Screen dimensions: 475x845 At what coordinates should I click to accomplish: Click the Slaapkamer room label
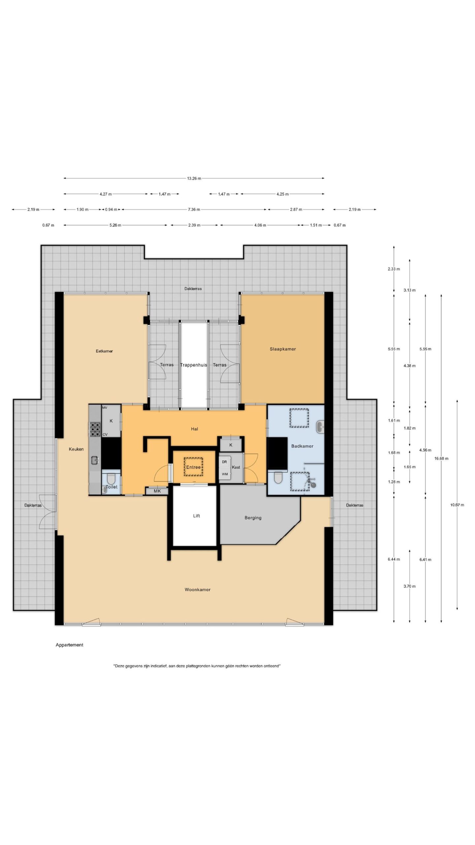283,349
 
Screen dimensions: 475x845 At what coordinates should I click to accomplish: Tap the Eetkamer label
104,351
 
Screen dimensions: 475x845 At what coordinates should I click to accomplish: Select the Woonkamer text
197,590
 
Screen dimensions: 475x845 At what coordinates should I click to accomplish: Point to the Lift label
197,516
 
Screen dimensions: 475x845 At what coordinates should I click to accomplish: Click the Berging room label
253,518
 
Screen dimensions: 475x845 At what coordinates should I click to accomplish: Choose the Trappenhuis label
194,365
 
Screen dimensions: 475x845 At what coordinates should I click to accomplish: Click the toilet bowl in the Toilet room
111,478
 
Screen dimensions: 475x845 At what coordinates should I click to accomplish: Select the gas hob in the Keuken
95,429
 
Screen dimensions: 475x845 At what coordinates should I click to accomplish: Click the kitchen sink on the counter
95,460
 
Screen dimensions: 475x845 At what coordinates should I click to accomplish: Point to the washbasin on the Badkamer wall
320,427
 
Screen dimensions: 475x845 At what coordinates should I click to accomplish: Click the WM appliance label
225,474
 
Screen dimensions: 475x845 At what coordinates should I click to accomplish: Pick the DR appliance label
224,462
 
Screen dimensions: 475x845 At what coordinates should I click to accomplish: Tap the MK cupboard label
157,491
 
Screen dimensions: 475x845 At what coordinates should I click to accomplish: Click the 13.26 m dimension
194,178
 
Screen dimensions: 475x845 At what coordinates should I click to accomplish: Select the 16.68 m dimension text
441,458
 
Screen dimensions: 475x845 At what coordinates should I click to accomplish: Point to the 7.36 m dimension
194,209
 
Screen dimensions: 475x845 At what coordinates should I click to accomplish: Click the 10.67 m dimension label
457,505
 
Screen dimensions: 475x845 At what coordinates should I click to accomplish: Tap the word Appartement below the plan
69,645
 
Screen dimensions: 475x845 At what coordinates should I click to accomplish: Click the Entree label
193,467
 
